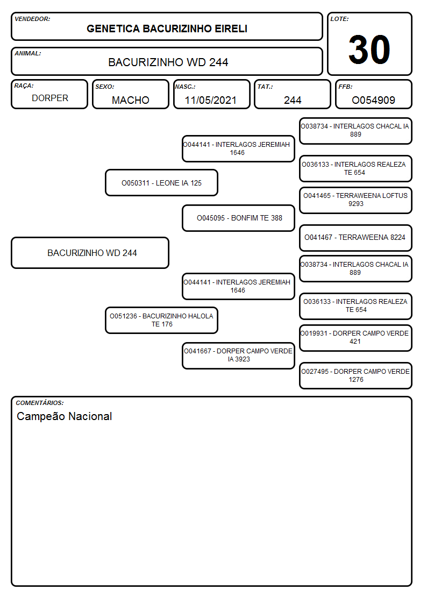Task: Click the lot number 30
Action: point(369,49)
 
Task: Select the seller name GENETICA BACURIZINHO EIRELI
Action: point(167,29)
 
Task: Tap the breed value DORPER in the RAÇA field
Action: point(50,98)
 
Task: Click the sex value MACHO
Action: point(131,100)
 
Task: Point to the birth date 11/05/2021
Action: point(211,100)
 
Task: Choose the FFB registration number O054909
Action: point(373,100)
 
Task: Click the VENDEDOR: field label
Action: point(32,19)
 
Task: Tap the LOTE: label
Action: point(339,19)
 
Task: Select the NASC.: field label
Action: point(185,87)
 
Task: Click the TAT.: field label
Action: point(265,87)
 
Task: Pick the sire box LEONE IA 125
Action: point(162,183)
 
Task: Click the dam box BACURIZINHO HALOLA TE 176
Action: point(162,320)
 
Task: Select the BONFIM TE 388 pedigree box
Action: point(239,218)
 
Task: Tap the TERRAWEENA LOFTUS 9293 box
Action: point(356,200)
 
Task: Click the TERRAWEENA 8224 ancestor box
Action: point(356,238)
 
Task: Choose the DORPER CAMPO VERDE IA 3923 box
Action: point(239,356)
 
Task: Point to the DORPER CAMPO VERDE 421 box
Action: point(356,338)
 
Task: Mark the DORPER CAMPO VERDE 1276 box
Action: point(356,375)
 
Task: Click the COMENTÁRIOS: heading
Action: point(40,403)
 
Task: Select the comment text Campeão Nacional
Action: point(65,416)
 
